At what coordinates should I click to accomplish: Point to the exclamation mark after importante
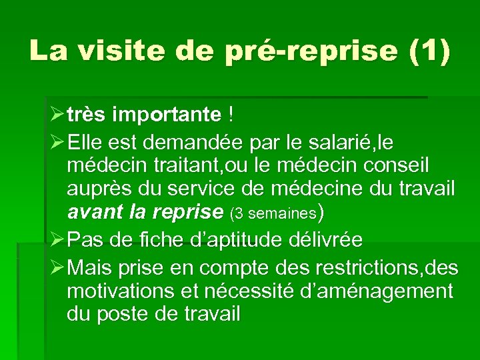[231, 115]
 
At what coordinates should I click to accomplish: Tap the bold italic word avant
[93, 213]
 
